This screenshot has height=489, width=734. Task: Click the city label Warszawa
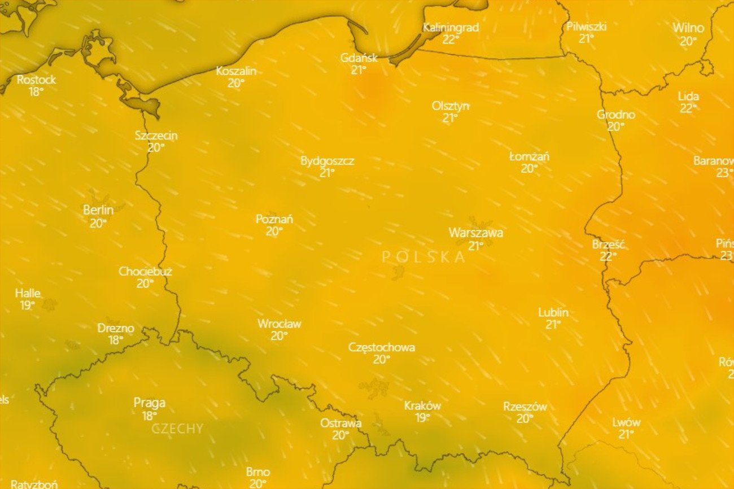coord(475,233)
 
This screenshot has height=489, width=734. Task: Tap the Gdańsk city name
coord(359,58)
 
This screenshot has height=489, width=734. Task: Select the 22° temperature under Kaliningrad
coord(450,39)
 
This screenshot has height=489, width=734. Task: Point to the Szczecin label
coord(156,136)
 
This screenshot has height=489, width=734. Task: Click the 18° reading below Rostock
coord(36,91)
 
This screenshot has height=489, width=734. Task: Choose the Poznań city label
coord(274,219)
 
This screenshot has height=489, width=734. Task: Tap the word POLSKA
coord(424,257)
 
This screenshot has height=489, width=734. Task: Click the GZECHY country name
coord(177,429)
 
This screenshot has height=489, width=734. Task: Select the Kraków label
coord(422,406)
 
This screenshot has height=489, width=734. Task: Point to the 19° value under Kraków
coord(422,418)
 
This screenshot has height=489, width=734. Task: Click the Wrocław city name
coord(279,324)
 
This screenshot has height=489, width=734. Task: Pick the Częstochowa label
coord(381,347)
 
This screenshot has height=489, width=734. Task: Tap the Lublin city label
coord(553,312)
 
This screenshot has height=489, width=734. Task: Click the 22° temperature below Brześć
coord(608,256)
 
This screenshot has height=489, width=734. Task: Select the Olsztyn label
coord(450,106)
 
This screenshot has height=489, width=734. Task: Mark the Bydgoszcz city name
coord(327,161)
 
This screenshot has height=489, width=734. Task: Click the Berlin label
coord(98,211)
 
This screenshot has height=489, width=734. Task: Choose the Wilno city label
coord(688,28)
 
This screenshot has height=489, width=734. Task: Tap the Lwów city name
coord(626,422)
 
